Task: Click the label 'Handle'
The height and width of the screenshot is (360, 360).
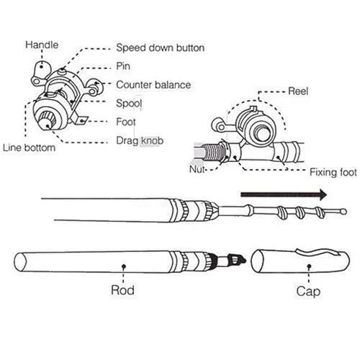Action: [42, 45]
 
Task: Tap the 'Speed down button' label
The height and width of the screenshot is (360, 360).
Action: [160, 48]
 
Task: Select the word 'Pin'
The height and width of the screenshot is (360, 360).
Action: [123, 66]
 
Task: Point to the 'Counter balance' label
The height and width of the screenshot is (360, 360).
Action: [153, 85]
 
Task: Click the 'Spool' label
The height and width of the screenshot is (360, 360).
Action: [129, 104]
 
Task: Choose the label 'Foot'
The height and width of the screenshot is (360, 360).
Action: [126, 122]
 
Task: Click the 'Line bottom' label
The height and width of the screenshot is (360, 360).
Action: [30, 148]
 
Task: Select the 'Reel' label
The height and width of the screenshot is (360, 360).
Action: [298, 91]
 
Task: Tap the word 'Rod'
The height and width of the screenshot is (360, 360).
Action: [122, 292]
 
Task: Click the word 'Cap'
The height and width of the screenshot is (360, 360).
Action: [308, 292]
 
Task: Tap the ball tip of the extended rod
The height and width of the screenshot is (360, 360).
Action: [343, 212]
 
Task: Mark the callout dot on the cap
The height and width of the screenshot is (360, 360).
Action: [308, 265]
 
